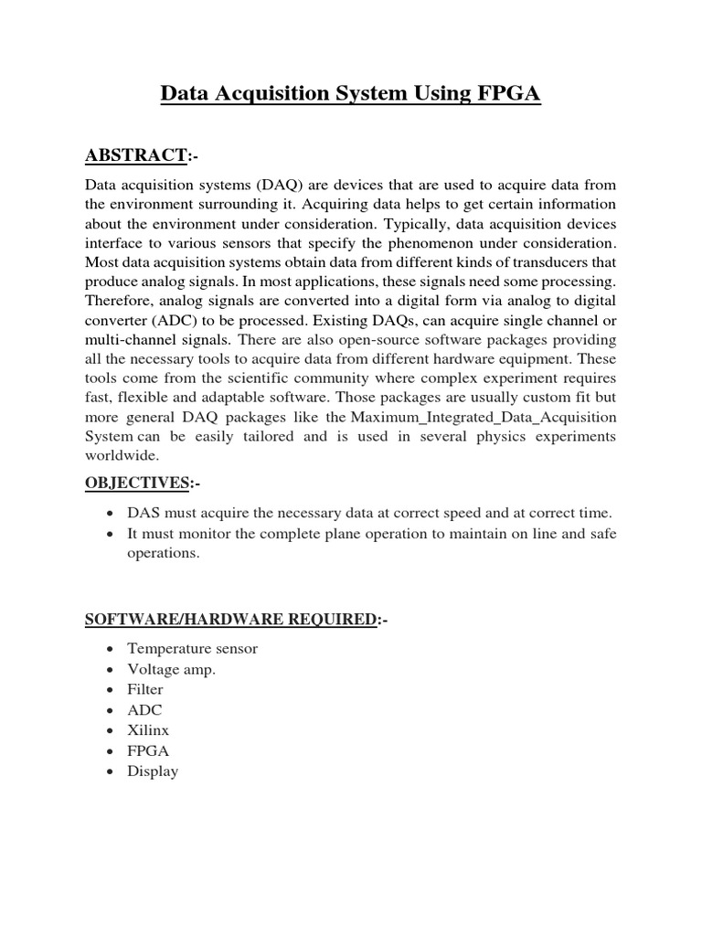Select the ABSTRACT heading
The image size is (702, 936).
point(135,157)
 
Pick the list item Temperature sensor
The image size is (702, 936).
point(192,648)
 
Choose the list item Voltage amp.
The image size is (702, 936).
point(171,669)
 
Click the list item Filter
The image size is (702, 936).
point(145,689)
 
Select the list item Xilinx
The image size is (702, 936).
point(148,730)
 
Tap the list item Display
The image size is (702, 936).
point(153,771)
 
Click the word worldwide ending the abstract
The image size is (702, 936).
point(122,454)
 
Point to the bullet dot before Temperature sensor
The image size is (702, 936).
point(110,649)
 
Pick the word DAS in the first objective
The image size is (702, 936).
point(144,514)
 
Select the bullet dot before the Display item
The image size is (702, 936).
point(110,771)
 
